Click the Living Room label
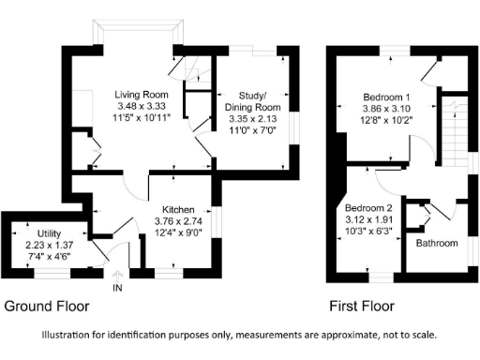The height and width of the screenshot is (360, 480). coord(141,95)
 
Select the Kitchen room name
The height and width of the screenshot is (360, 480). coord(177,208)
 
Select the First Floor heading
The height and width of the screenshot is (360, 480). coord(361,307)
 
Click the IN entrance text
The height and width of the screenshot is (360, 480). coord(117,289)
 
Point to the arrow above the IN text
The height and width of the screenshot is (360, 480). coord(117,276)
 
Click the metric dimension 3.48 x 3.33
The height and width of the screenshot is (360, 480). coord(141,107)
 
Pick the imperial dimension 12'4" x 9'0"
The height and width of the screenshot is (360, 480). coord(177,232)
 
